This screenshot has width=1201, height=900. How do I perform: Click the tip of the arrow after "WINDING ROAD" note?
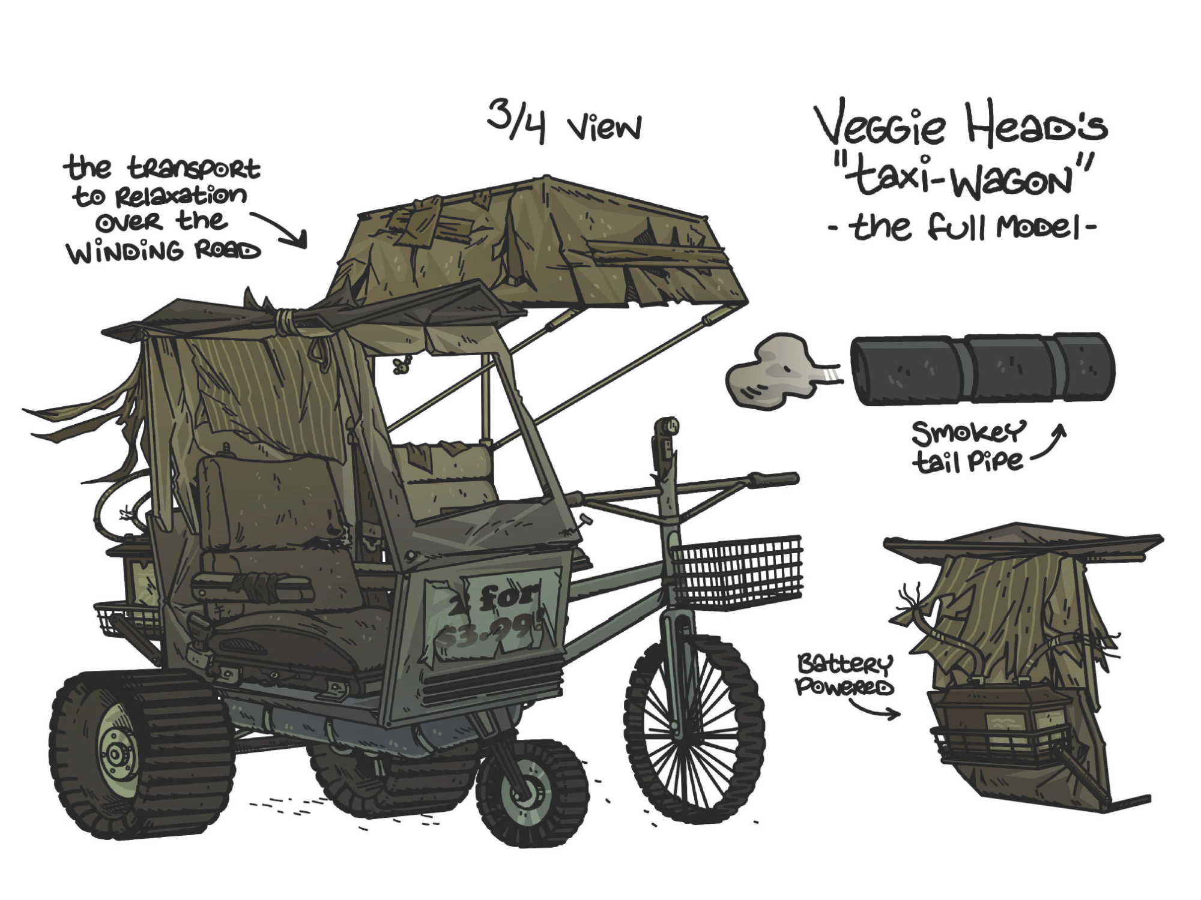[306, 247]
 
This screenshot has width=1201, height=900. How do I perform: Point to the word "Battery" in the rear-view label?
[844, 664]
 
